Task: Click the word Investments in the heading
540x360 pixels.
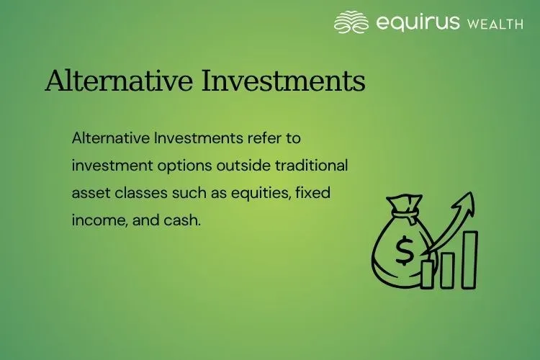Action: (x=284, y=81)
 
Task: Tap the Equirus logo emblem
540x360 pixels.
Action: (x=351, y=22)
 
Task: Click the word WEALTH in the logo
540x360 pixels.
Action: (x=495, y=24)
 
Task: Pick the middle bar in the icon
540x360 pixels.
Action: (x=448, y=268)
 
